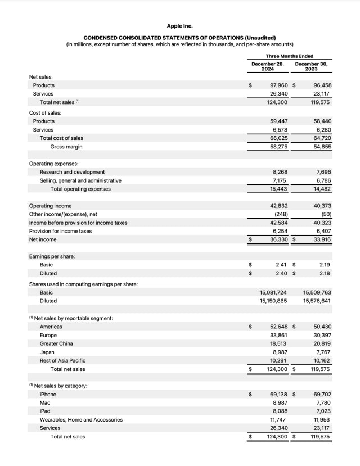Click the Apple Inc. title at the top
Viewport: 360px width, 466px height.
click(180, 26)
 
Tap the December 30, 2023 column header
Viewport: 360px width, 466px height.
click(311, 66)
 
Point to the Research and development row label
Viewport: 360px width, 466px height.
click(72, 172)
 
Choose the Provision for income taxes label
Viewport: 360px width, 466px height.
click(60, 231)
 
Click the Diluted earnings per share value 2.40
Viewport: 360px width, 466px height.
click(282, 273)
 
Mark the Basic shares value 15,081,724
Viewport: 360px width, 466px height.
click(273, 292)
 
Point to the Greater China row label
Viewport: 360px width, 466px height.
click(56, 343)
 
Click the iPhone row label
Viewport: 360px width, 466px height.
click(48, 395)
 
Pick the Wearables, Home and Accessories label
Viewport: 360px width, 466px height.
click(81, 420)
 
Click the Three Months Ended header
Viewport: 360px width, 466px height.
click(289, 56)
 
